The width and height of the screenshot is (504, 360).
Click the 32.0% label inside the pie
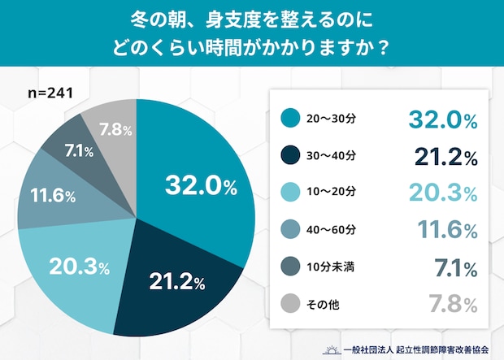(200, 187)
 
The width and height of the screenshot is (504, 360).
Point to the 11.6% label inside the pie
(53, 197)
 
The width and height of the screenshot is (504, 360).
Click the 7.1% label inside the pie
(78, 151)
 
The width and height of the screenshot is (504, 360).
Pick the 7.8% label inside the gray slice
(110, 129)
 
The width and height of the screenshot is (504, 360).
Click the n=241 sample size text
(51, 93)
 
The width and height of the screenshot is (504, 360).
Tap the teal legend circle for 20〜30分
(289, 118)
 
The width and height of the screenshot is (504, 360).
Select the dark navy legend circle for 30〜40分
(289, 155)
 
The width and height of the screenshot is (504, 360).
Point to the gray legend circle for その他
(289, 304)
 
